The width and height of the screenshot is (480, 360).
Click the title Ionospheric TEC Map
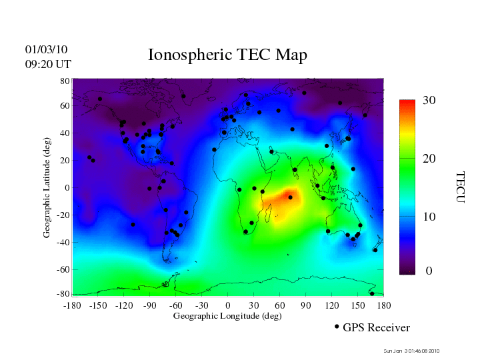click(x=227, y=55)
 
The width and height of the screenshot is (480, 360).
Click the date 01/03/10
click(x=46, y=49)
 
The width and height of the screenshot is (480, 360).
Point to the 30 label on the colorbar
click(x=429, y=100)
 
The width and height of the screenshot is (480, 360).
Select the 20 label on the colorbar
click(x=429, y=160)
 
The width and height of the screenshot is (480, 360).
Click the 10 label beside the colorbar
click(x=429, y=217)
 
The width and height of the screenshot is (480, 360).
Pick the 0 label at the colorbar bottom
click(x=429, y=271)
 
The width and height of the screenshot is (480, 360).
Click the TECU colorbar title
click(x=460, y=187)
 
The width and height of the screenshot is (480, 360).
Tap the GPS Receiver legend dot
click(x=337, y=327)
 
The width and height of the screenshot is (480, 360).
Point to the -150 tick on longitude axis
click(x=98, y=305)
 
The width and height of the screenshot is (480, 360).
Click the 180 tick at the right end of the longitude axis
click(x=384, y=305)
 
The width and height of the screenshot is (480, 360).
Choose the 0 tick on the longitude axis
click(x=228, y=305)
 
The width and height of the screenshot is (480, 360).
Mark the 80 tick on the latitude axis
click(x=65, y=81)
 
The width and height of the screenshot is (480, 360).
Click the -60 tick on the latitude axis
click(x=63, y=270)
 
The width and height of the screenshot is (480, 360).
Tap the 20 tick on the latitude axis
click(x=65, y=161)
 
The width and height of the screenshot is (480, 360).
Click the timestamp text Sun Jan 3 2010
click(x=412, y=351)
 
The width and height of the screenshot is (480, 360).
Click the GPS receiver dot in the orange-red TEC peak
click(x=290, y=197)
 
